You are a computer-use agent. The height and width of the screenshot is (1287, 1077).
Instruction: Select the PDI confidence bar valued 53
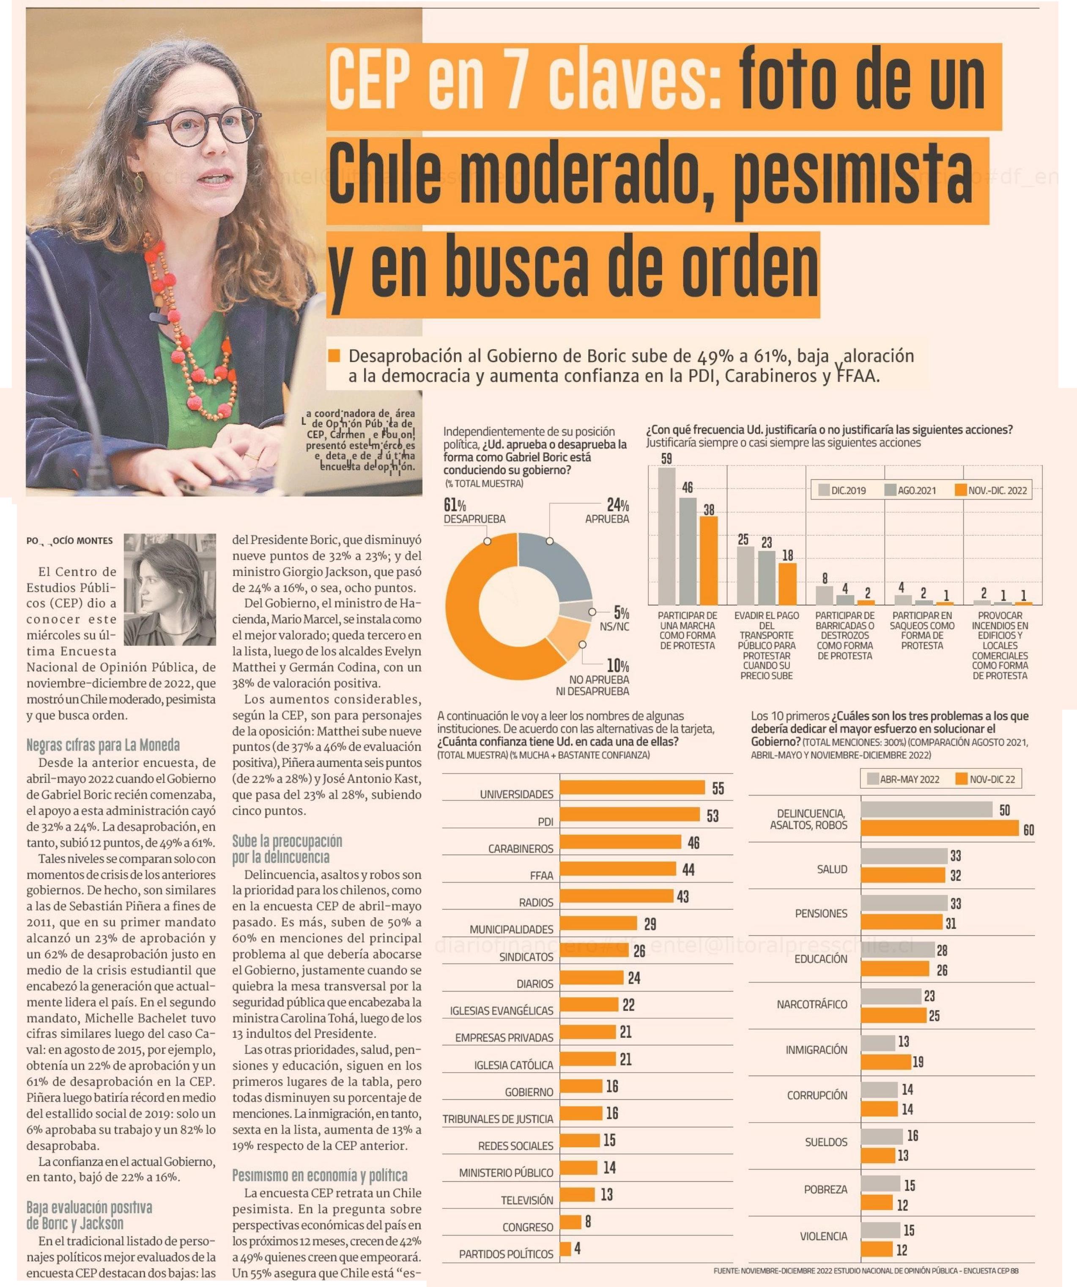(630, 814)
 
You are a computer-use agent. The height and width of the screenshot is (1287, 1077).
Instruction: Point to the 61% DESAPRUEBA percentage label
(455, 506)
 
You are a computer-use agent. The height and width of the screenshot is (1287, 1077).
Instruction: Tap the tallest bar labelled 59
(666, 536)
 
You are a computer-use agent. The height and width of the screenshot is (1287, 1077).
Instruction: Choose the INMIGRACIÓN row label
(816, 1050)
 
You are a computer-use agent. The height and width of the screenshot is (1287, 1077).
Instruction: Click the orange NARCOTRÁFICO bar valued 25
(893, 1016)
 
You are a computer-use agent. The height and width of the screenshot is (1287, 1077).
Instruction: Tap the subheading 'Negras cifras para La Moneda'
(103, 745)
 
